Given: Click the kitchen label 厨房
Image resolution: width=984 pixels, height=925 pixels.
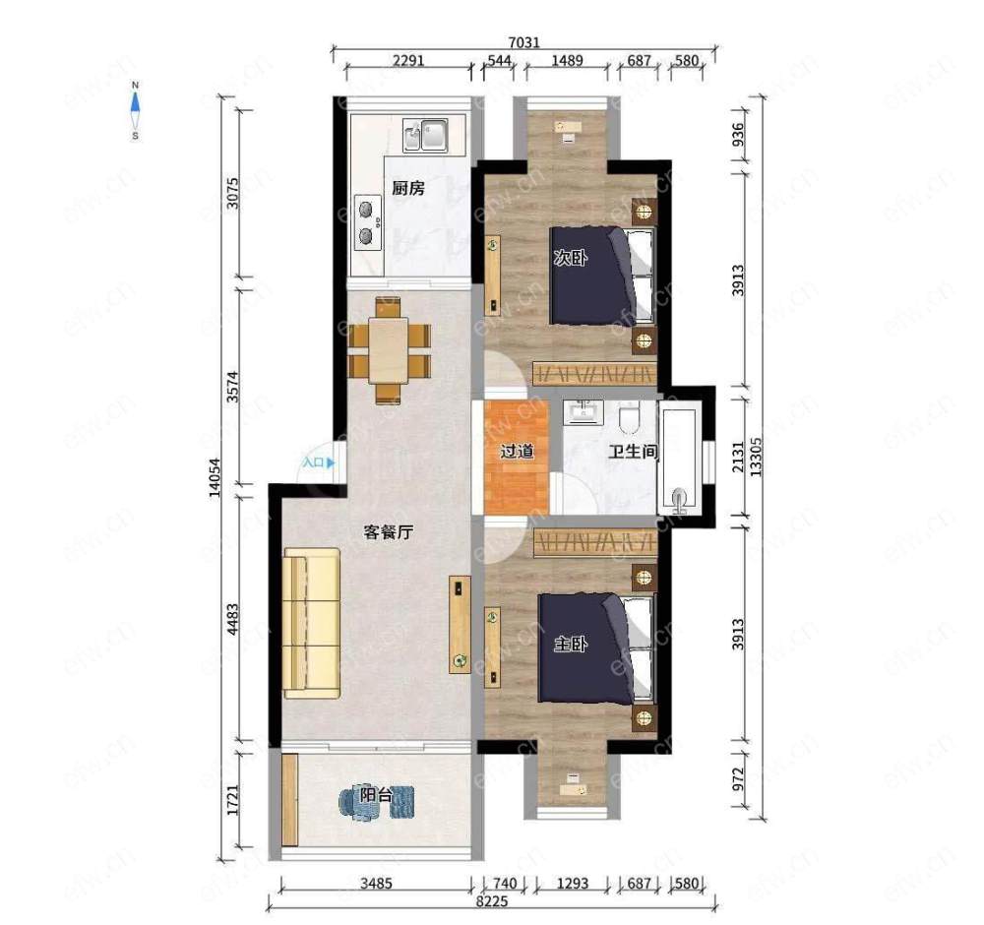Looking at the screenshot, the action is click(x=408, y=188).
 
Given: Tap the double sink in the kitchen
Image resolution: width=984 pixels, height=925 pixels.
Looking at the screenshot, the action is click(x=425, y=135).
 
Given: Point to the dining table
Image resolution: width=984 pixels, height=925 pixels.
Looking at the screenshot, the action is click(x=389, y=350).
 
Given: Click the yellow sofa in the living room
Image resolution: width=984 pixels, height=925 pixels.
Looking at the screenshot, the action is click(x=311, y=623).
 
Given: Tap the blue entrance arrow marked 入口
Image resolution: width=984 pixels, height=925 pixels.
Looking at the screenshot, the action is click(x=331, y=463).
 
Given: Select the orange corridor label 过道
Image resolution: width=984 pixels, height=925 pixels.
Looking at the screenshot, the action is click(x=517, y=452).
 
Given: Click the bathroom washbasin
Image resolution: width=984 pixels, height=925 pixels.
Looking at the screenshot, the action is click(x=583, y=412).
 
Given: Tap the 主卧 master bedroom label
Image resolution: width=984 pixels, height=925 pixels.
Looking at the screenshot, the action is click(x=571, y=645).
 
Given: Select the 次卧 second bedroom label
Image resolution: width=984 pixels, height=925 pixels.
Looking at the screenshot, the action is click(x=571, y=258).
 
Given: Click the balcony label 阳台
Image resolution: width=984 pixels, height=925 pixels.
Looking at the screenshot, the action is click(x=376, y=796).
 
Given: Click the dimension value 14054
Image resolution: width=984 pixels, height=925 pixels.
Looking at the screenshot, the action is click(x=215, y=477).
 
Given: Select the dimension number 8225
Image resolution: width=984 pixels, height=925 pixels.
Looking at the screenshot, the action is click(x=492, y=901).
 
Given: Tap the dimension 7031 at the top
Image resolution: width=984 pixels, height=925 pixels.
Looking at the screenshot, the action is click(x=524, y=42).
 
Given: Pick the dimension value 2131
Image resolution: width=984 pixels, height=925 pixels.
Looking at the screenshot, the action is click(x=738, y=457).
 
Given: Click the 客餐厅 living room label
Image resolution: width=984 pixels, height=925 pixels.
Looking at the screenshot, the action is click(x=389, y=532).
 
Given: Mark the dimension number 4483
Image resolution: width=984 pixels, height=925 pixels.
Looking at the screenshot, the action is click(x=232, y=619).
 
